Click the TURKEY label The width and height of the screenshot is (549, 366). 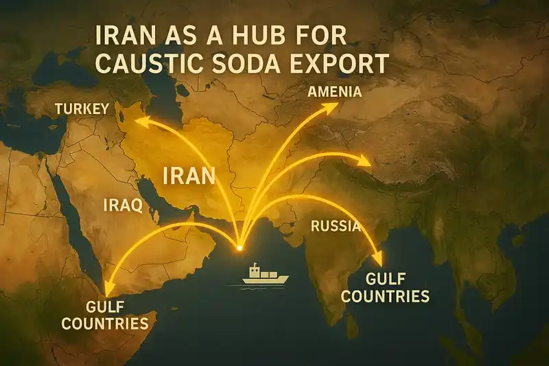click(82, 109)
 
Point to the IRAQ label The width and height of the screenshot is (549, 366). click(122, 205)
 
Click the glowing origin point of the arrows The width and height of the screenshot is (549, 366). click(239, 246)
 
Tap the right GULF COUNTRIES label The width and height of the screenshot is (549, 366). click(385, 288)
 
